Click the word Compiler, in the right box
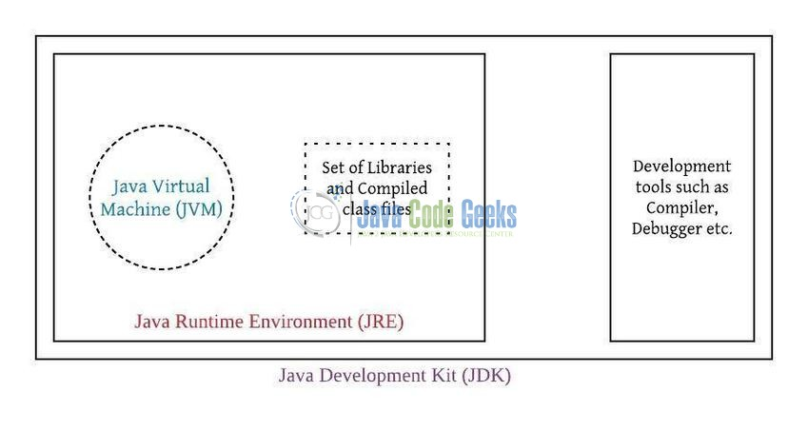[x=681, y=207]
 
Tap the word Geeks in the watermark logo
[x=488, y=214]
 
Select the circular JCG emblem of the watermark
[x=317, y=212]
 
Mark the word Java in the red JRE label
[x=152, y=322]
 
